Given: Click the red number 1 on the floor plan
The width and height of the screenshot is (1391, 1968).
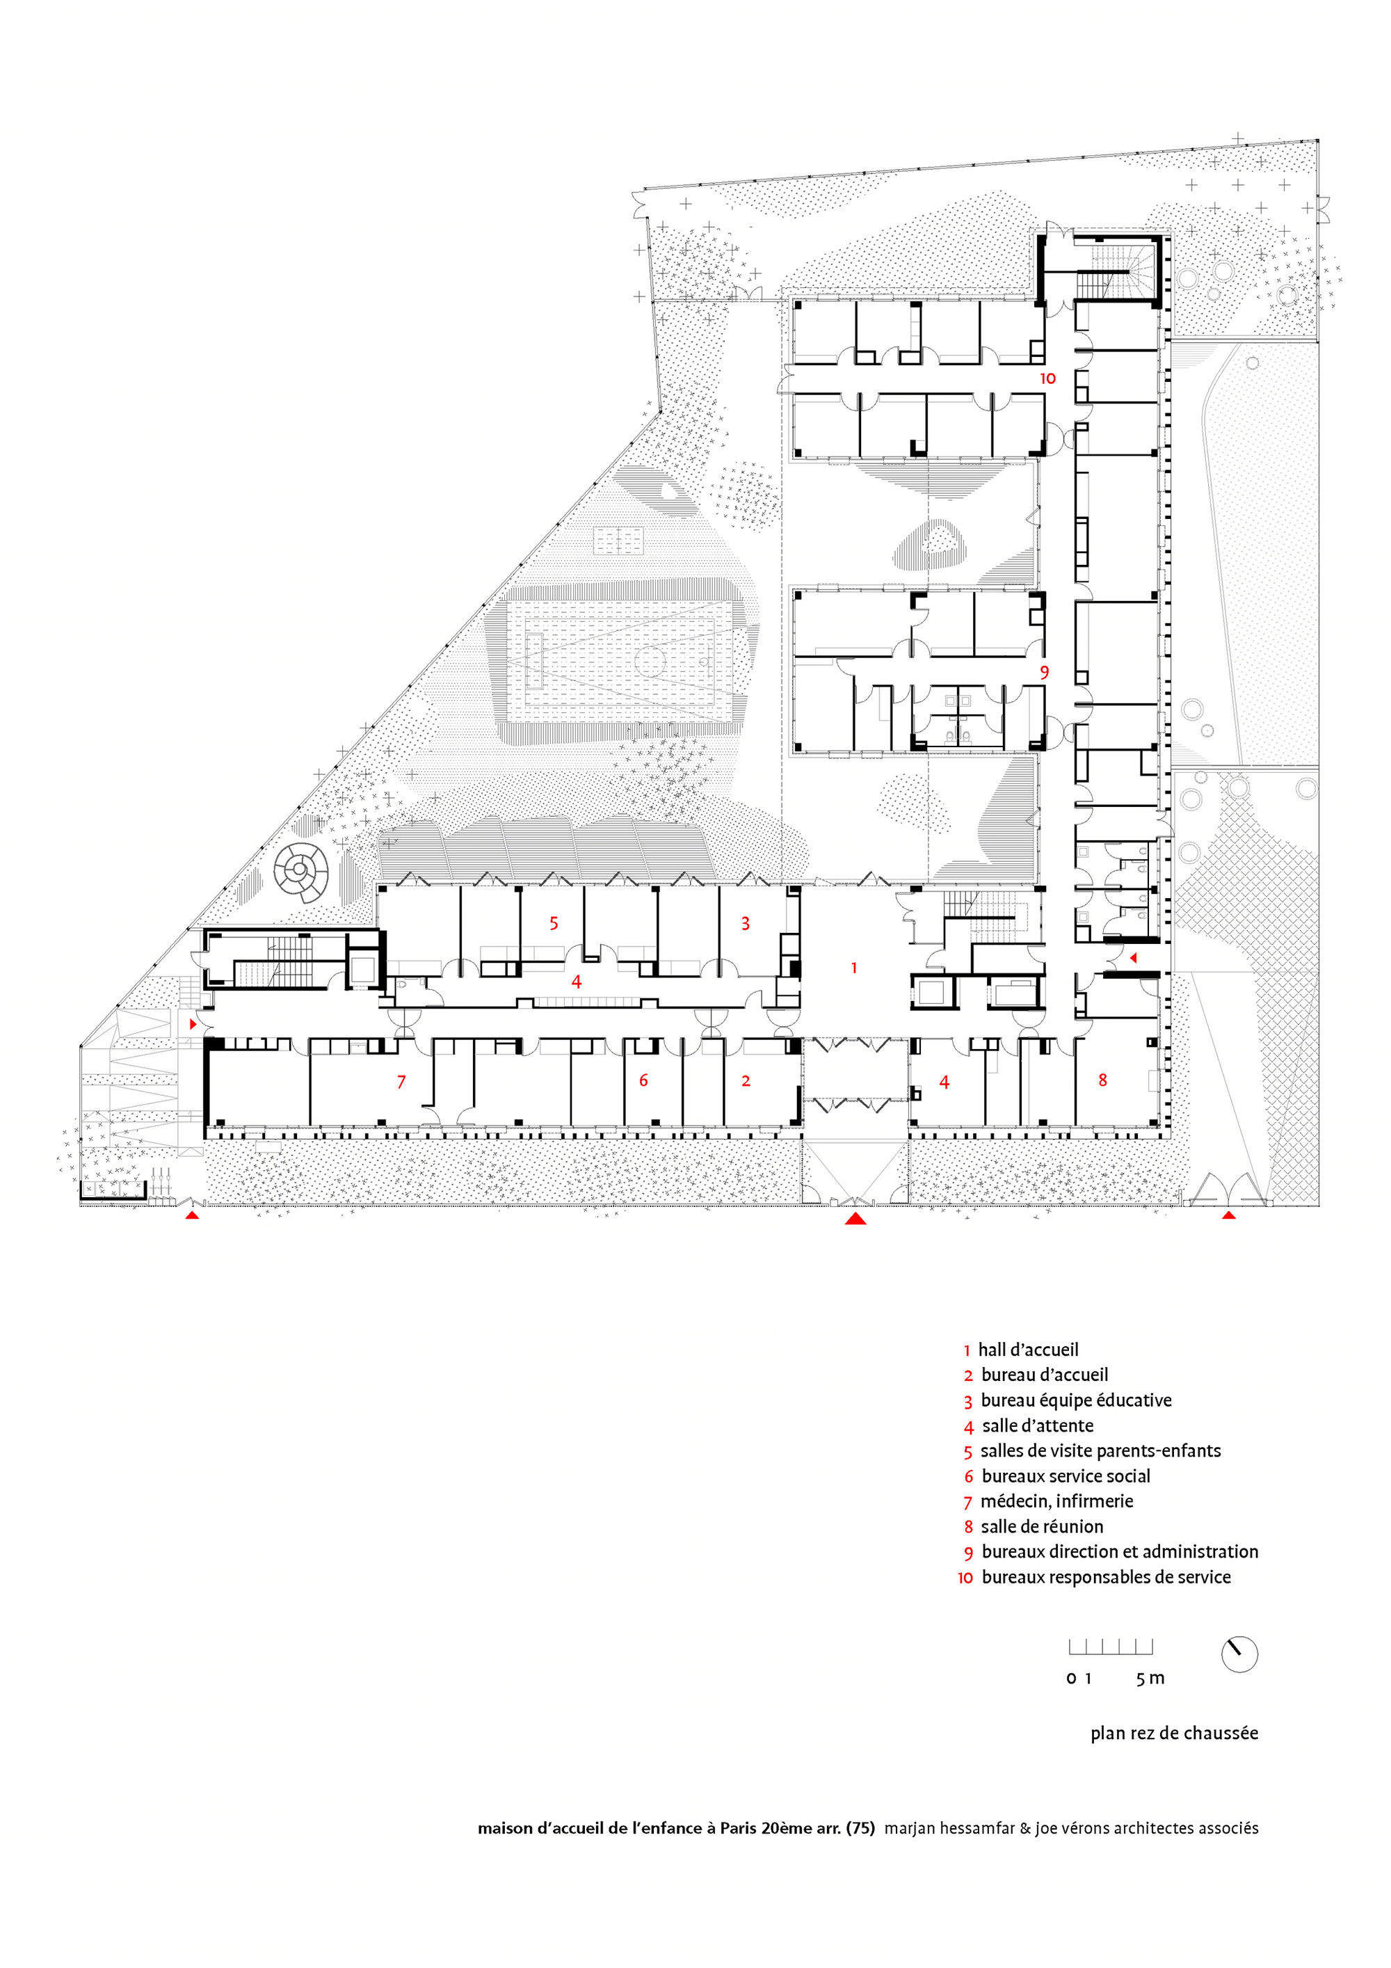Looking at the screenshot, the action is (853, 968).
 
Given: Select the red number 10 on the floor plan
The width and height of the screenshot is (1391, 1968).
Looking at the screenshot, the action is (1047, 378).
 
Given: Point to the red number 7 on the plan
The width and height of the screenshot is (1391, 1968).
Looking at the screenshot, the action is (401, 1082).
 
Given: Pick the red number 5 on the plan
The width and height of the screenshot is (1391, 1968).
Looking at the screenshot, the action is (554, 923).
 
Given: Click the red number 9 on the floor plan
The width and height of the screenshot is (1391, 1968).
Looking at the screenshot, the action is (1044, 672).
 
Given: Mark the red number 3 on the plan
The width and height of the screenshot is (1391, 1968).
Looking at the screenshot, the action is (746, 923).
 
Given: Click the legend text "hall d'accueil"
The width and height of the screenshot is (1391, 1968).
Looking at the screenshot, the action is (1029, 1350).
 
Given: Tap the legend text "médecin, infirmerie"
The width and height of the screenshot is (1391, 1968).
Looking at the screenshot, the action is (1056, 1501).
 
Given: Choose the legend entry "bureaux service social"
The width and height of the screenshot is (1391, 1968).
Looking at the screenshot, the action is (1066, 1476).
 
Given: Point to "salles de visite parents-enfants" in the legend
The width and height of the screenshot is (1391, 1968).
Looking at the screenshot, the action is (1101, 1450).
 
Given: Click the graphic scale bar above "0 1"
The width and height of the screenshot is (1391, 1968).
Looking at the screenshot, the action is (1111, 1647).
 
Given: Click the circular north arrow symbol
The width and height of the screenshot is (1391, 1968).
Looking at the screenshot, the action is (1239, 1654).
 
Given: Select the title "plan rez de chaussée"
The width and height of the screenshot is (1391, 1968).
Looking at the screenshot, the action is (1174, 1733).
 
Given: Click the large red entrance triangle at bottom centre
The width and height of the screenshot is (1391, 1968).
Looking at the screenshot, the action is (855, 1218).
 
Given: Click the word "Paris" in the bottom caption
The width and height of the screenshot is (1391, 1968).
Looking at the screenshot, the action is (739, 1828).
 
